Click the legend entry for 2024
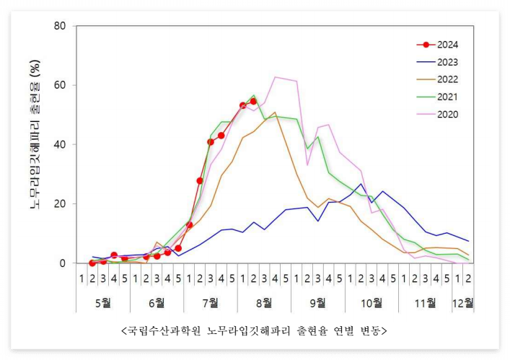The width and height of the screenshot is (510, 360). tap(447, 45)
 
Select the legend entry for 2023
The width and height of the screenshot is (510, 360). tap(447, 62)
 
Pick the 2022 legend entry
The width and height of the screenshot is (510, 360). tap(447, 79)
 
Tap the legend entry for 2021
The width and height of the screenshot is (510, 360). tap(447, 97)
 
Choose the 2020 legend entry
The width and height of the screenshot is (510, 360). tap(447, 114)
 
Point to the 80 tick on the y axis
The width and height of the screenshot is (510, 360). tap(61, 26)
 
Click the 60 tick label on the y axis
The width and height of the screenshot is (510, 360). tap(61, 85)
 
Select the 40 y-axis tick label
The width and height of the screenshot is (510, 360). tap(61, 144)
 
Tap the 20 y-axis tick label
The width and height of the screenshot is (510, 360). tap(61, 203)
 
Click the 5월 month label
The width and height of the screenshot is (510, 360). tap(102, 301)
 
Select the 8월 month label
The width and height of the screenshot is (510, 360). tap(264, 301)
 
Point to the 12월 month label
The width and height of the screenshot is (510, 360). tap(462, 301)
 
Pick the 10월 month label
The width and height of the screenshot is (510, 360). tap(371, 301)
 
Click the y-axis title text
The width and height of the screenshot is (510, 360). tap(35, 144)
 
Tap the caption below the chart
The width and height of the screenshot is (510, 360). tap(255, 330)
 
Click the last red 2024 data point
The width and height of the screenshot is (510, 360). tap(253, 101)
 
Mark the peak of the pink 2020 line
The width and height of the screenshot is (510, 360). tap(275, 77)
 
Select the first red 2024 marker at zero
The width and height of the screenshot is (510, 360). tap(92, 263)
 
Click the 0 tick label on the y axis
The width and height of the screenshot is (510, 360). tap(63, 263)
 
